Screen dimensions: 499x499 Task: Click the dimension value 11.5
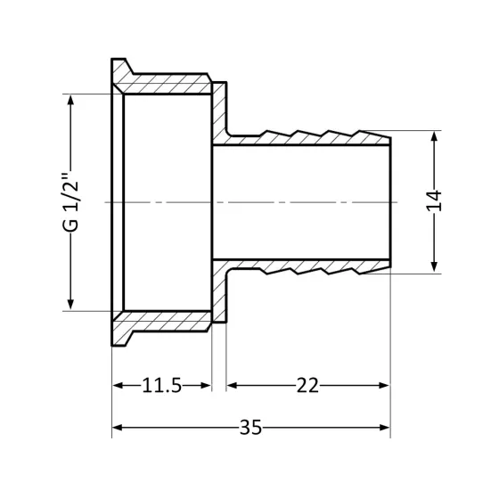161,385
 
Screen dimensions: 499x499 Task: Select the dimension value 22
307,385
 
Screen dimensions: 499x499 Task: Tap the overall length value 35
250,428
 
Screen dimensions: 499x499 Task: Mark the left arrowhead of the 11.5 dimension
117,385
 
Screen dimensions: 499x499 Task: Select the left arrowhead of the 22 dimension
232,385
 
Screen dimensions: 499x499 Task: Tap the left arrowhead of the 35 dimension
117,428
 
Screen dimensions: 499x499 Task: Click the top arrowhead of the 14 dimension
434,137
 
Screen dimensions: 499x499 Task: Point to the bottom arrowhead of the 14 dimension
434,267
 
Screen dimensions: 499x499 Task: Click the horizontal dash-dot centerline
267,202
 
